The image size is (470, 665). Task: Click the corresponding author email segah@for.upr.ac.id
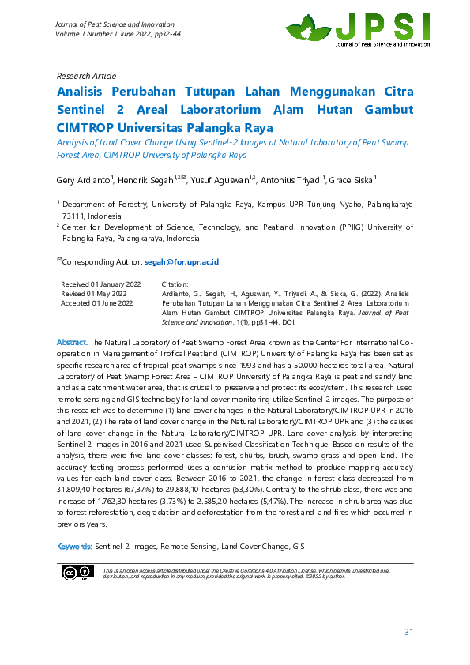(x=181, y=261)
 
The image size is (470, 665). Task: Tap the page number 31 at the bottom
(x=408, y=632)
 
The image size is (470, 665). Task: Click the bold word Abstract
(x=72, y=343)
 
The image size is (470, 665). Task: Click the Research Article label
(x=85, y=76)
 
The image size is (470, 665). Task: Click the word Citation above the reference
(x=175, y=284)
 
